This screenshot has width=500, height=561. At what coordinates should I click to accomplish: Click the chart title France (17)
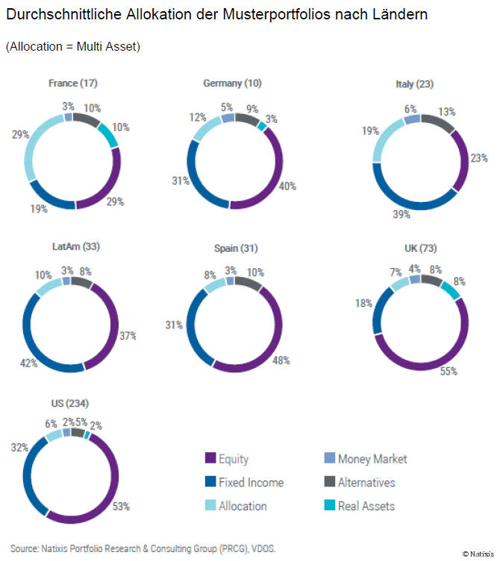click(73, 83)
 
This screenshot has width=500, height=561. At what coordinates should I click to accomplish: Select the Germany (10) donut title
click(232, 83)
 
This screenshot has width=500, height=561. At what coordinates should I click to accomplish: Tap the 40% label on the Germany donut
click(287, 186)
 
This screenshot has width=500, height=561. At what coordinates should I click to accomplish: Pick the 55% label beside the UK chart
click(449, 371)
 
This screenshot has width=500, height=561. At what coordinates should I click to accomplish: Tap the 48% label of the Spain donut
click(281, 360)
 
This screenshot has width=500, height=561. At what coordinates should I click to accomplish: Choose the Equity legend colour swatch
click(210, 459)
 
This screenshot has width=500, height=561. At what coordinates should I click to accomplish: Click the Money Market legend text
click(372, 459)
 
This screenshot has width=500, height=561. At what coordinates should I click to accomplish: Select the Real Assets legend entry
click(366, 506)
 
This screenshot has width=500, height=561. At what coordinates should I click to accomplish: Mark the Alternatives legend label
click(366, 482)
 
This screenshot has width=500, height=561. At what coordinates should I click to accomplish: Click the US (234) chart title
click(70, 403)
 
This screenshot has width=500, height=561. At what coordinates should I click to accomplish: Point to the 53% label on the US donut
click(120, 507)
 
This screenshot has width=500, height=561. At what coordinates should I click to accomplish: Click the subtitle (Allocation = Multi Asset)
click(73, 46)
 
